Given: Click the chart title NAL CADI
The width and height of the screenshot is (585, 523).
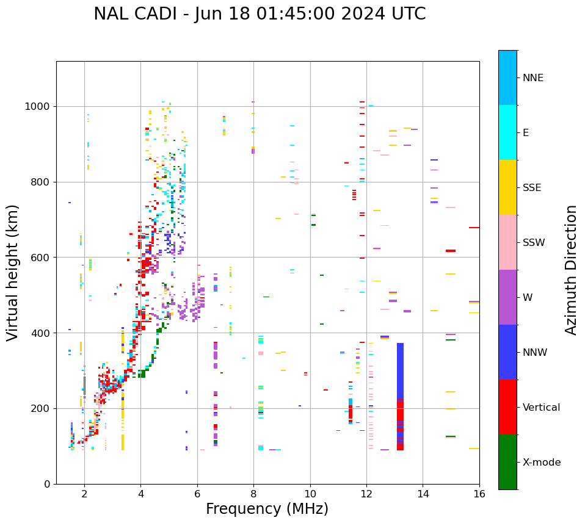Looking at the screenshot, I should pyautogui.click(x=260, y=14).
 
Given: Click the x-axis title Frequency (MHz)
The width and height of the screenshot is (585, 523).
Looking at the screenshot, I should pyautogui.click(x=267, y=509).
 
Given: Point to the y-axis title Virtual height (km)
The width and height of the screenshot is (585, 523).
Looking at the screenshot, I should pyautogui.click(x=13, y=272).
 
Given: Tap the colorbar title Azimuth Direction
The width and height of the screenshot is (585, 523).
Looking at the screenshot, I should pyautogui.click(x=571, y=270).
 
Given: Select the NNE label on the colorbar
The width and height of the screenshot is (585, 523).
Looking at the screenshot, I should pyautogui.click(x=532, y=78).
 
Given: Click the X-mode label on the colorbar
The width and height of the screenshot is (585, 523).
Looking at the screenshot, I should pyautogui.click(x=542, y=463).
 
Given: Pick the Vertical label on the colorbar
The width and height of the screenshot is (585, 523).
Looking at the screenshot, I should pyautogui.click(x=541, y=408).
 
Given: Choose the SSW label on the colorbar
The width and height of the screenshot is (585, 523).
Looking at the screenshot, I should pyautogui.click(x=534, y=243).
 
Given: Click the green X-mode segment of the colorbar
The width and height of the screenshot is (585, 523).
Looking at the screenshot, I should pyautogui.click(x=507, y=462).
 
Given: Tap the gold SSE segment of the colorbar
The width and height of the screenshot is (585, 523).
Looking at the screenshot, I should pyautogui.click(x=507, y=187).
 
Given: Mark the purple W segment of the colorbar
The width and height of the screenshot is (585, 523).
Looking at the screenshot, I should pyautogui.click(x=507, y=297).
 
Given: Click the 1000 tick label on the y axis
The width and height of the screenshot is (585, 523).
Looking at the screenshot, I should pyautogui.click(x=38, y=107).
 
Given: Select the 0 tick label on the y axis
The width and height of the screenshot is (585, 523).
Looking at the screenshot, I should pyautogui.click(x=47, y=484).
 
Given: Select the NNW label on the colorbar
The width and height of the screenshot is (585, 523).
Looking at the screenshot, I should pyautogui.click(x=536, y=353).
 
